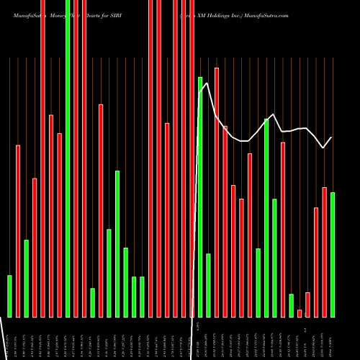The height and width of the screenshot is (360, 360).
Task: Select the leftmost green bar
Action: tap(9, 295)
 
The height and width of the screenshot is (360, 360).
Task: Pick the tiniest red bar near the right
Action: tap(300, 313)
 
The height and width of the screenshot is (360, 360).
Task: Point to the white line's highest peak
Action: tap(207, 84)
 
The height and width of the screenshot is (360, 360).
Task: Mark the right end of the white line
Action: tap(331, 138)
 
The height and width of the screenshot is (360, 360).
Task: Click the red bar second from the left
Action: tap(18, 230)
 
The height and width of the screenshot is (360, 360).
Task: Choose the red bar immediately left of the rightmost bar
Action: tap(324, 252)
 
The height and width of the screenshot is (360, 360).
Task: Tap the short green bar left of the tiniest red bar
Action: tap(292, 305)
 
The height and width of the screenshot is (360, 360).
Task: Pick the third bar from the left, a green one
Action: tap(26, 278)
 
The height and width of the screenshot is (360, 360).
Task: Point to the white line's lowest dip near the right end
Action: tap(323, 148)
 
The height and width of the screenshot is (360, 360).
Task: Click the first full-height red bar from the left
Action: tap(42, 158)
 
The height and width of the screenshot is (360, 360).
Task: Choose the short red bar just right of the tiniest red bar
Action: tap(307, 305)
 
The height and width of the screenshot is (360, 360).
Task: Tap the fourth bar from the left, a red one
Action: tap(35, 247)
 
